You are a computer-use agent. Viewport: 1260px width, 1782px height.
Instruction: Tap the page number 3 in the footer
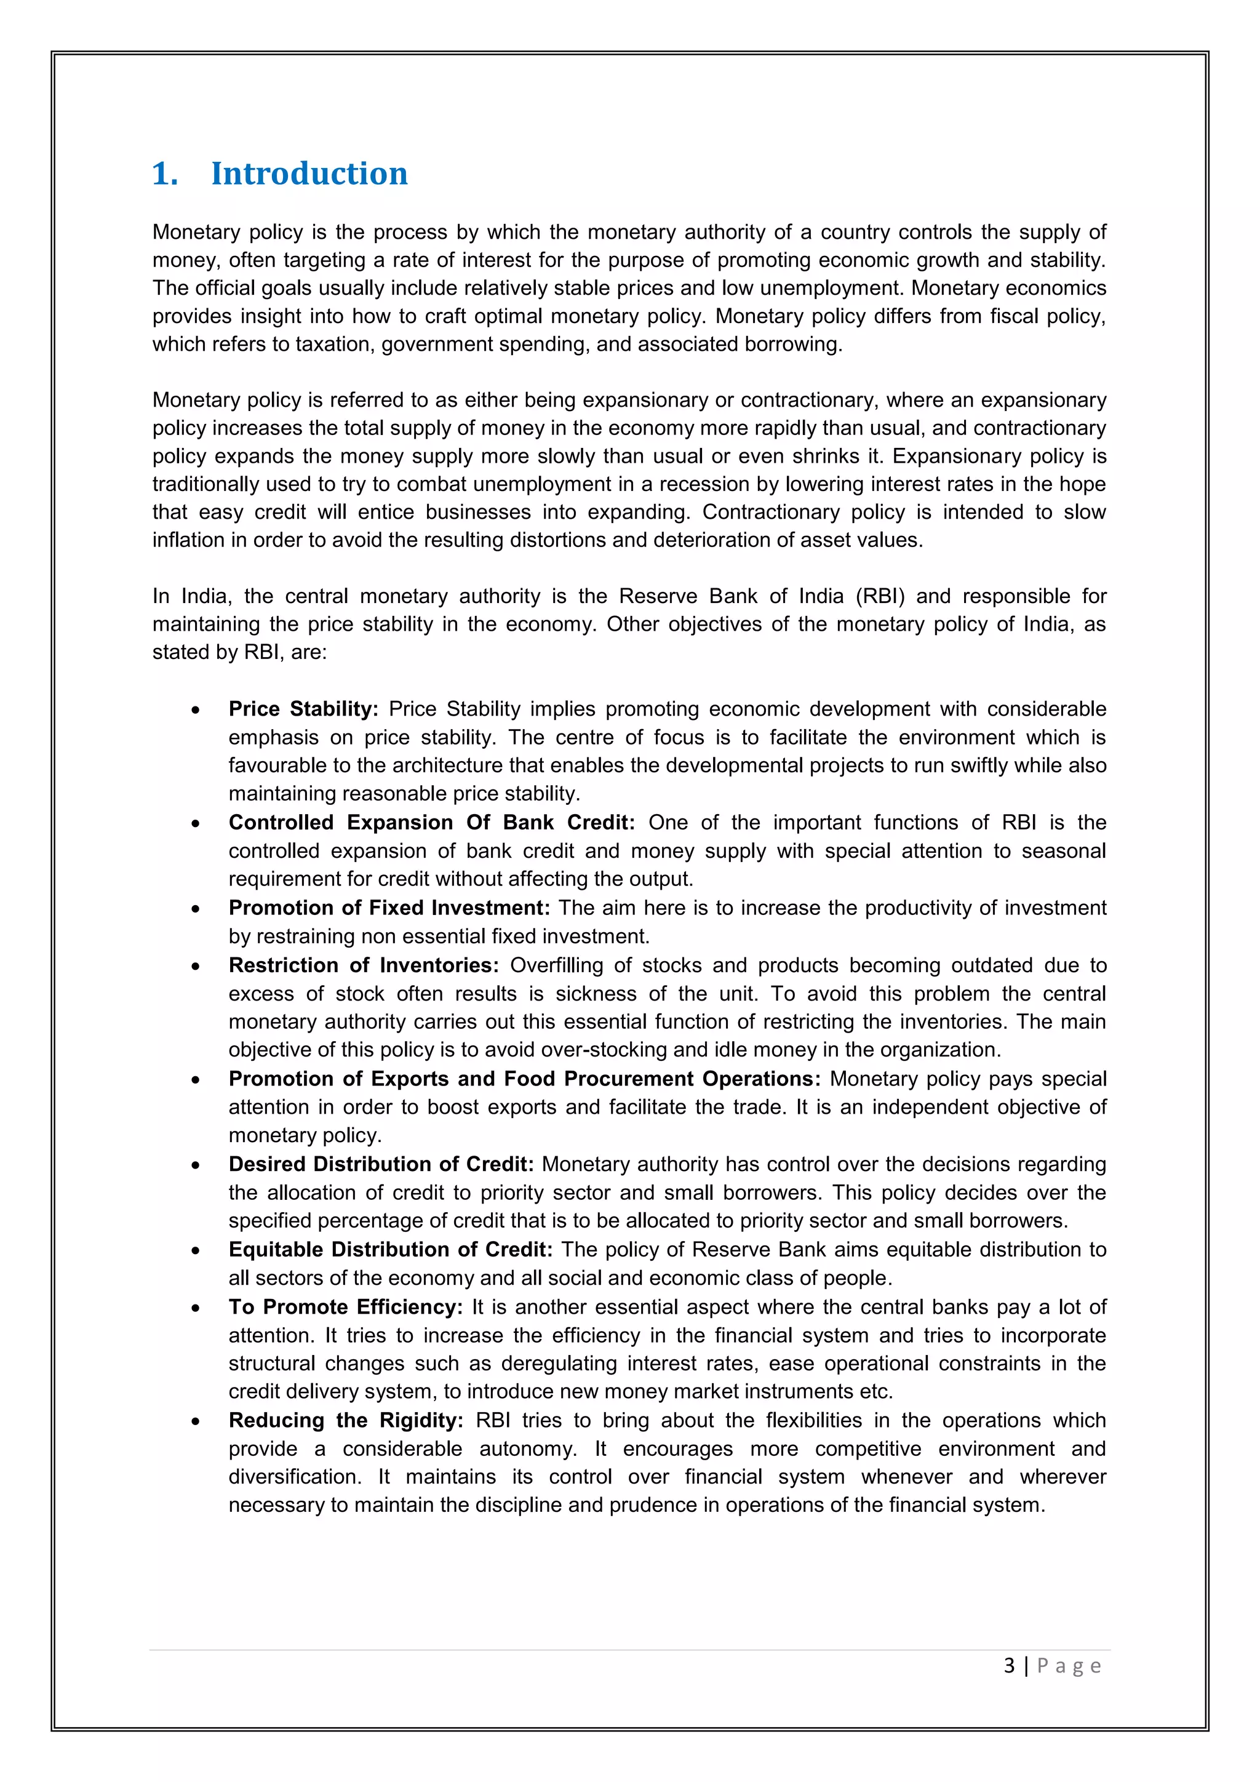pos(1008,1666)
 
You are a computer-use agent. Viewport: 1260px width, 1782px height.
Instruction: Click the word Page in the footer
pos(1069,1666)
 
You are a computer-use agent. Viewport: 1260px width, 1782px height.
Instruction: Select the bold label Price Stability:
pos(303,709)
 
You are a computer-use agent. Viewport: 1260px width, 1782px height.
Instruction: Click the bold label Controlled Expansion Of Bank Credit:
pos(431,822)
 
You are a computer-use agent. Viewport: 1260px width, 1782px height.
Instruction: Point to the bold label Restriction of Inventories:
pos(363,965)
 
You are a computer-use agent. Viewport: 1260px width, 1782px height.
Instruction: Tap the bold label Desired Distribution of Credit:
pos(381,1164)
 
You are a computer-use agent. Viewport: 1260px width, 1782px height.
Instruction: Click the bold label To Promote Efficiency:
pos(345,1306)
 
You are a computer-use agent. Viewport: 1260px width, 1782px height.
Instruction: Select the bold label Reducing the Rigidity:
pos(345,1420)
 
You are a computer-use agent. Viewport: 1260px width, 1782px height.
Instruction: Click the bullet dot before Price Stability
pos(196,710)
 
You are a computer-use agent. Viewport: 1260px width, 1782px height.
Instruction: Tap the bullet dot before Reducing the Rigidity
pos(196,1421)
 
